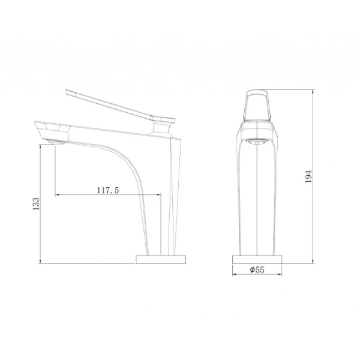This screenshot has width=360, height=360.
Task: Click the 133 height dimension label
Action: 36,203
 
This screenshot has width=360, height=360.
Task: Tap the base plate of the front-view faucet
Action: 257,259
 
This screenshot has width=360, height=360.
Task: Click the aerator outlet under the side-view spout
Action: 55,142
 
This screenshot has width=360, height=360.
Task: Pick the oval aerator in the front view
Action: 257,142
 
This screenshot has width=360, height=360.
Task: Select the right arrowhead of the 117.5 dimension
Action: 160,194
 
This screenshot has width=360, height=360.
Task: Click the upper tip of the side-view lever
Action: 65,92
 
